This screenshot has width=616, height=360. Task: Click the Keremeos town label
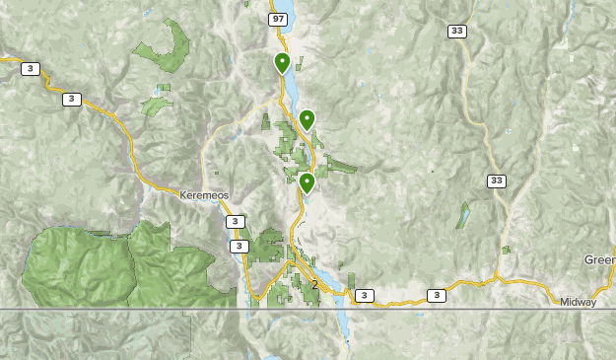pyautogui.click(x=204, y=195)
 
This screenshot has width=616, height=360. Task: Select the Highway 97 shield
pyautogui.click(x=279, y=20)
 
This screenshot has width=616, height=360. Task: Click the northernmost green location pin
pyautogui.click(x=282, y=64)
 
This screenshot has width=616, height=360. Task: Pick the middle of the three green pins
pyautogui.click(x=307, y=120)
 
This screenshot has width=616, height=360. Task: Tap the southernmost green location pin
pyautogui.click(x=307, y=182)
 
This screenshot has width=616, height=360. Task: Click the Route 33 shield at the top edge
pyautogui.click(x=457, y=32)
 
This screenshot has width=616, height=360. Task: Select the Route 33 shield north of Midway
pyautogui.click(x=498, y=180)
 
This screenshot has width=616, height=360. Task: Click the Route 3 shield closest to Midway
pyautogui.click(x=436, y=295)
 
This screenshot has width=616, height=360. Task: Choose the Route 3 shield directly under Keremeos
pyautogui.click(x=237, y=222)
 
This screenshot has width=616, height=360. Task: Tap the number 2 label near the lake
pyautogui.click(x=314, y=285)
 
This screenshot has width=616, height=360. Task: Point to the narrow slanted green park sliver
pyautogui.click(x=462, y=216)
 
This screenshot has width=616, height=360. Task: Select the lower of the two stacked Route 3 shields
pyautogui.click(x=239, y=246)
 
